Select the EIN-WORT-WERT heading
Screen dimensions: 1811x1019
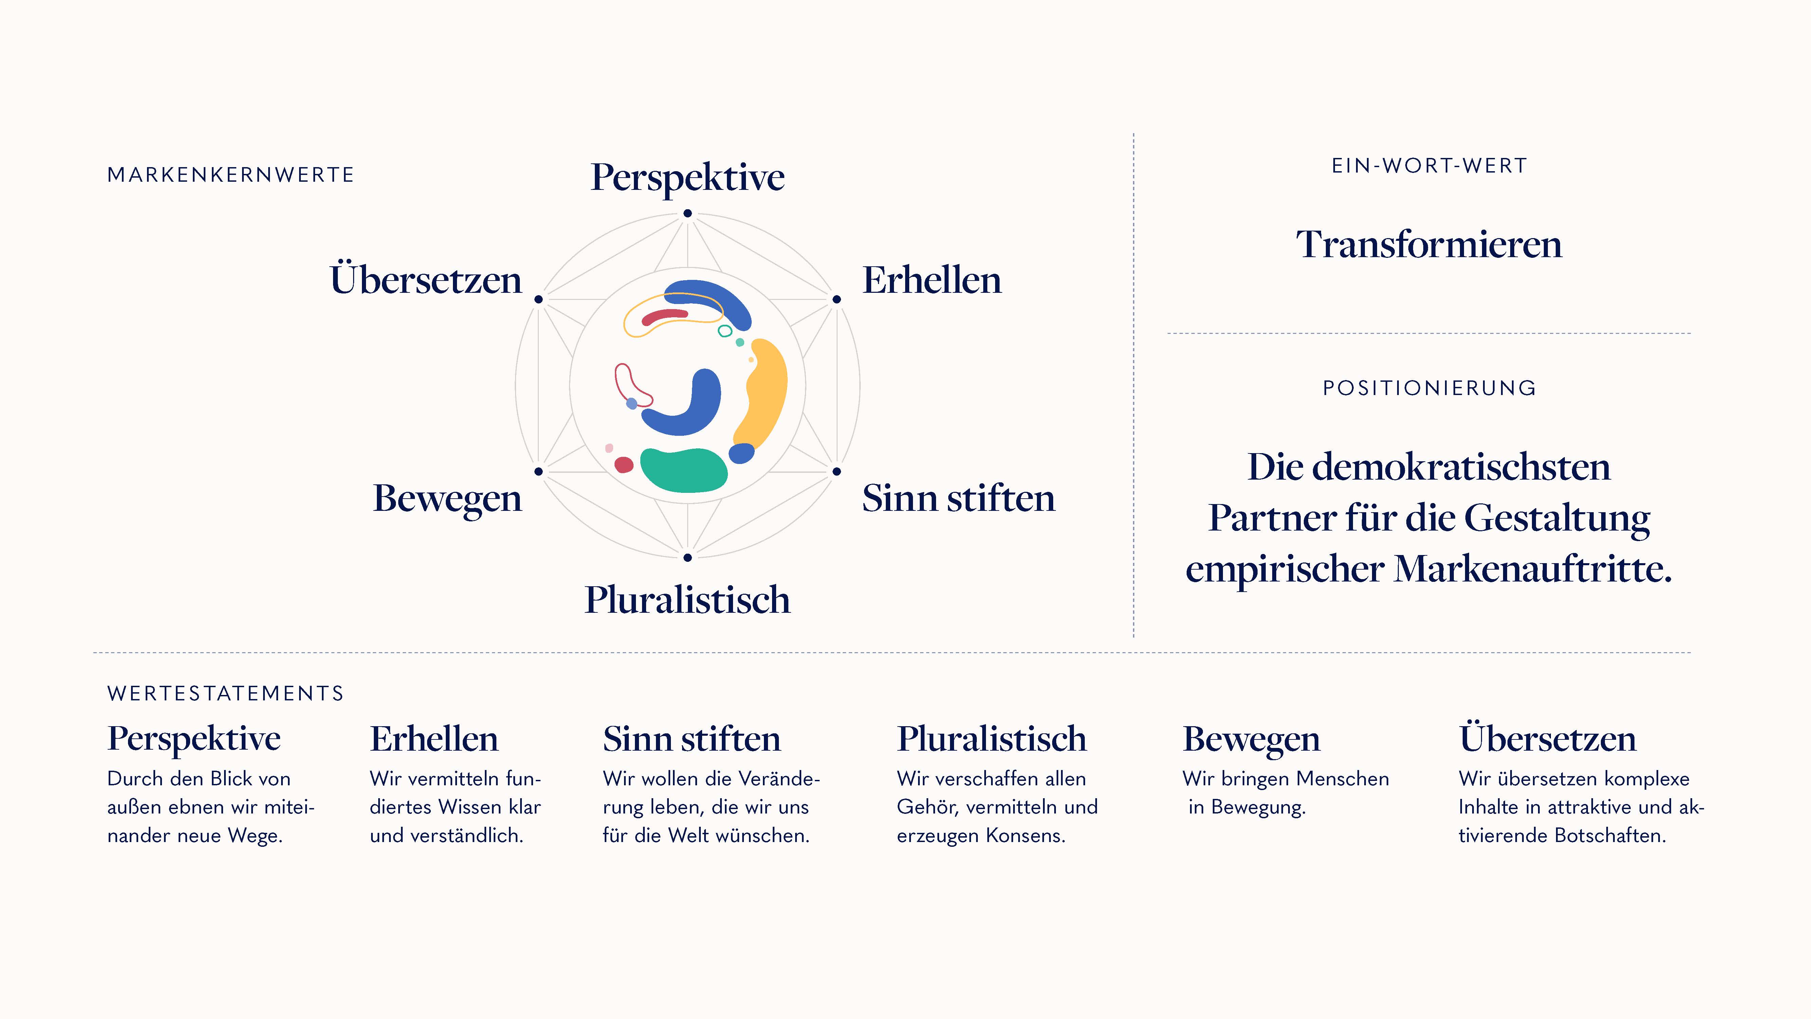(1429, 166)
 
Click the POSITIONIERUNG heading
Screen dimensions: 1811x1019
(1429, 388)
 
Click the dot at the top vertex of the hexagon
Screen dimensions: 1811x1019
(688, 213)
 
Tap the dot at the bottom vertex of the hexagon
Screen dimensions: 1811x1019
(688, 558)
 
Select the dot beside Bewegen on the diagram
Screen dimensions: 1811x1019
(538, 471)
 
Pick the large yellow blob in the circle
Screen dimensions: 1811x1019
(763, 394)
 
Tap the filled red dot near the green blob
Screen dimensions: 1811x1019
(624, 465)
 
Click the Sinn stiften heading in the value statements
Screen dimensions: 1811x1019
(692, 739)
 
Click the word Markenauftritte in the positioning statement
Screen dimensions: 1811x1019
(1533, 568)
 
